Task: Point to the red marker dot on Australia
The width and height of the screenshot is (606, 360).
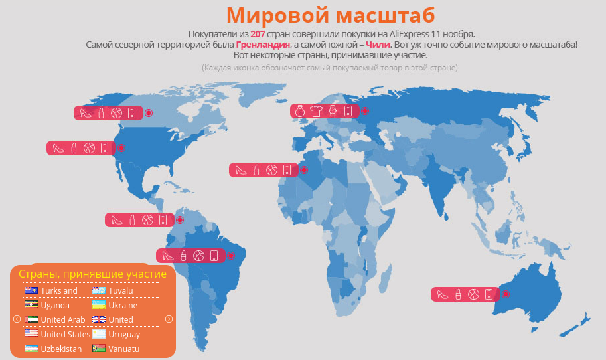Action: [505, 294]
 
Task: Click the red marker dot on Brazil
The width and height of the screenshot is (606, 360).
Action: [231, 255]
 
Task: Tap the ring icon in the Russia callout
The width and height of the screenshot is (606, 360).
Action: [300, 111]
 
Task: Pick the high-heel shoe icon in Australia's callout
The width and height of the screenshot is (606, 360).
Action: [441, 294]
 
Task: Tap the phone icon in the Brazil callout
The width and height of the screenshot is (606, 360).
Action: [214, 255]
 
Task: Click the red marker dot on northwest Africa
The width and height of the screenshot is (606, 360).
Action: [303, 170]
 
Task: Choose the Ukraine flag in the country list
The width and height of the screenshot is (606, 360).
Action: [99, 305]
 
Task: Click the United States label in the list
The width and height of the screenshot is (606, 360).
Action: [65, 334]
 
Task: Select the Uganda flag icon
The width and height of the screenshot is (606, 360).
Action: [31, 305]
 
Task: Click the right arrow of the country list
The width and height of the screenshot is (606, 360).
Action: [169, 319]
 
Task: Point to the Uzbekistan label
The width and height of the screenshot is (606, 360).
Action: [61, 349]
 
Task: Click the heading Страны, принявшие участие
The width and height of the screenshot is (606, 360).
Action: [92, 274]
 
